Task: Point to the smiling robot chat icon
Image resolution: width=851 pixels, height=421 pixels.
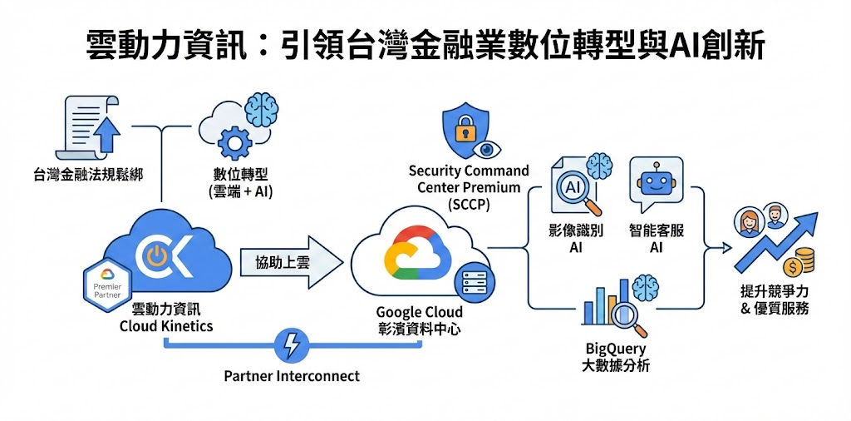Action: point(657,184)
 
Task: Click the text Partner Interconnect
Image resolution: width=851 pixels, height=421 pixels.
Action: point(292,376)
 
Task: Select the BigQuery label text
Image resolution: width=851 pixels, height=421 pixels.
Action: point(615,349)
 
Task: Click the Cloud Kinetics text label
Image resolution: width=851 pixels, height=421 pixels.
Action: point(166,326)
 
